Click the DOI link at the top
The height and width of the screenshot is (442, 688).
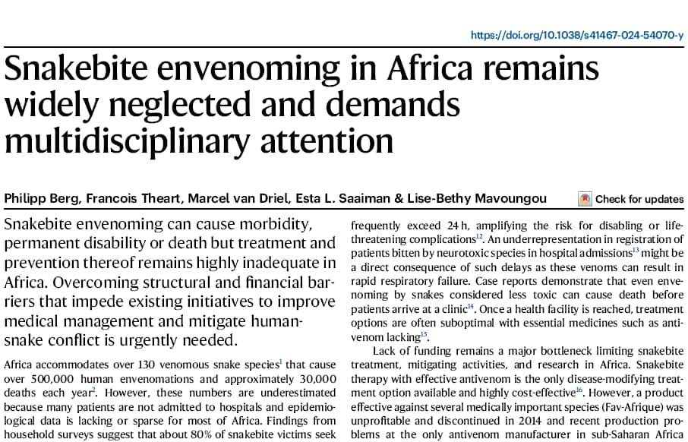click(x=577, y=35)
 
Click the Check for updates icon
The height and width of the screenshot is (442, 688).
click(x=585, y=199)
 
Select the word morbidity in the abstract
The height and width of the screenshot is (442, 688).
click(x=257, y=226)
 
